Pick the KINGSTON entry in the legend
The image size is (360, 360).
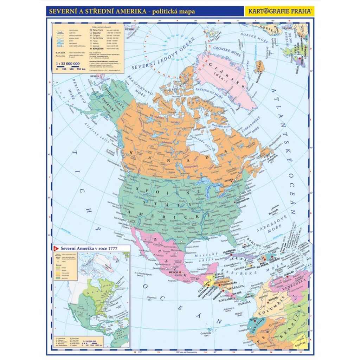(x=100, y=53)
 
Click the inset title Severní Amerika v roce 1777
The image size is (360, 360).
(x=89, y=249)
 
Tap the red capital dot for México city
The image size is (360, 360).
(x=180, y=272)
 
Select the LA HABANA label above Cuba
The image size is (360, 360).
(x=231, y=252)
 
